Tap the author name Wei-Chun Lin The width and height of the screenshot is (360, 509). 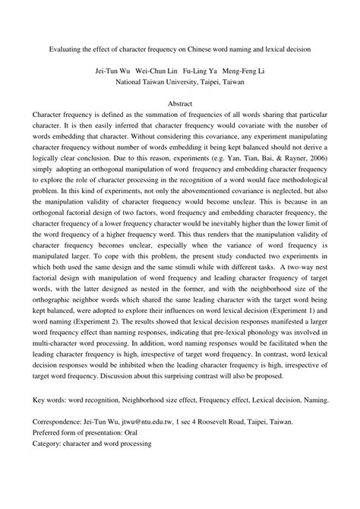tap(156, 65)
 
